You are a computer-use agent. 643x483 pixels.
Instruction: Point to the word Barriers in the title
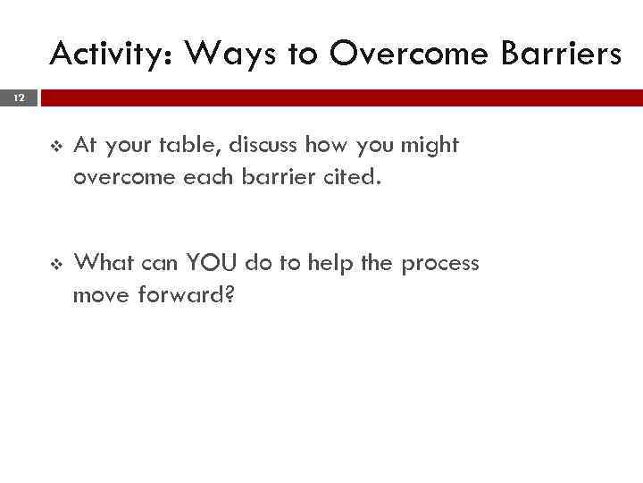[563, 55]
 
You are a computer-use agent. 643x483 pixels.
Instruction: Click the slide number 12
[19, 97]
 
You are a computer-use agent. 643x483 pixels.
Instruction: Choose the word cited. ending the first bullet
[350, 177]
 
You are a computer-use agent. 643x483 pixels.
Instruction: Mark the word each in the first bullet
[206, 177]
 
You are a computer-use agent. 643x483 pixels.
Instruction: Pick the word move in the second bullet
[101, 295]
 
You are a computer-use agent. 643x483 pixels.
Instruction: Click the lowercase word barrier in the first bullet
[274, 177]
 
